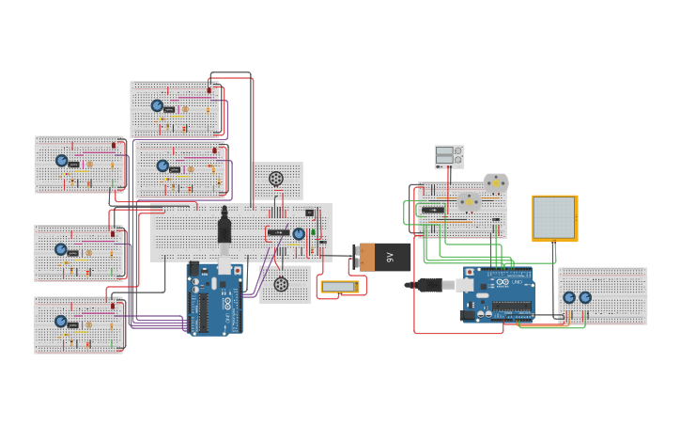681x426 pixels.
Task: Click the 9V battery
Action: (383, 256)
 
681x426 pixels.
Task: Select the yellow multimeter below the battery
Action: (339, 286)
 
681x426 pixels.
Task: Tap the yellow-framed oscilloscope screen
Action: (554, 218)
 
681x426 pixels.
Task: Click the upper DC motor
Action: (495, 182)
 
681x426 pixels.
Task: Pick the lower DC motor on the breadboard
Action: (469, 201)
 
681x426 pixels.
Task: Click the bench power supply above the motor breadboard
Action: (448, 156)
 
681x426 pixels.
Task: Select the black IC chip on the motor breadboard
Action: (432, 210)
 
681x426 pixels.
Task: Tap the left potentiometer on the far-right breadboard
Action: (569, 297)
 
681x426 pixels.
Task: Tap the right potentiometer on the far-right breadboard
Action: (585, 297)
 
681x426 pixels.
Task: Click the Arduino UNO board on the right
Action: (498, 293)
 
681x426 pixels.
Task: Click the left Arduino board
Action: (215, 299)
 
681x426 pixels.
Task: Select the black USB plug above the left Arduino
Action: (224, 228)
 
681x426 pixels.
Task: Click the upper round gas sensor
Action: (276, 179)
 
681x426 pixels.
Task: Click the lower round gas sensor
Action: (281, 284)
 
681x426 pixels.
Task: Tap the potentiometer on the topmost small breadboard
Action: (157, 105)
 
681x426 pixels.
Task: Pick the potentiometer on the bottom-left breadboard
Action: (61, 321)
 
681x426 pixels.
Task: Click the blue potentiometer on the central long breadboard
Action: (299, 234)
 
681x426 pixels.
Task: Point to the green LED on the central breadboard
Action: (313, 231)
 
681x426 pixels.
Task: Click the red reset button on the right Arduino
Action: (467, 273)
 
